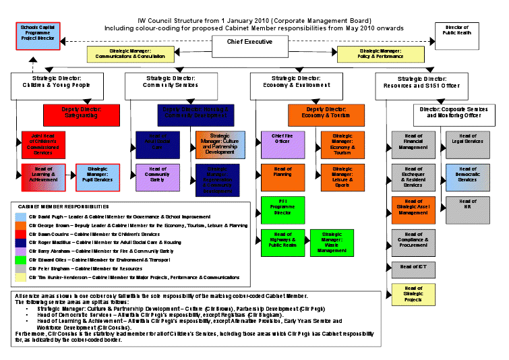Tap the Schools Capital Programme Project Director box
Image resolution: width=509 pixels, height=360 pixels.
pos(38,36)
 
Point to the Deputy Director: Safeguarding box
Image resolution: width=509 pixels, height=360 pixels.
pos(82,112)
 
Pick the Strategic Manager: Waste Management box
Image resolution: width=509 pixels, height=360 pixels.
pos(332,242)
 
